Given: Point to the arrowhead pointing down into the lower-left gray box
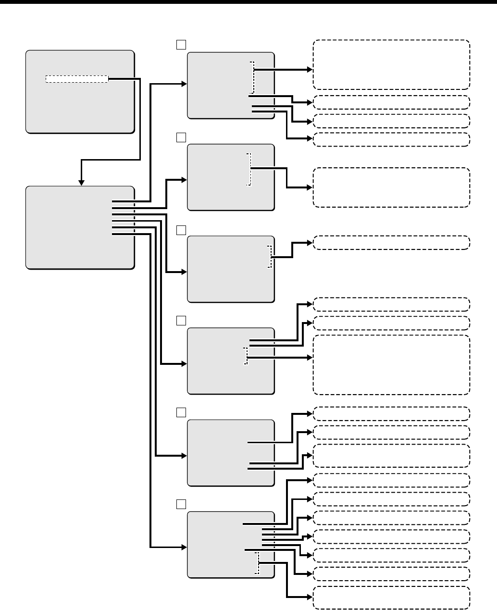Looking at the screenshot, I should [82, 182].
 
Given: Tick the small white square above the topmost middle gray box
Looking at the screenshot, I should [181, 44].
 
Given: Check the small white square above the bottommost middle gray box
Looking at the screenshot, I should [181, 504].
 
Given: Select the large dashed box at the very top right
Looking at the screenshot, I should [391, 65].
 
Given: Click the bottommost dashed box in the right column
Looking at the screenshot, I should [391, 598].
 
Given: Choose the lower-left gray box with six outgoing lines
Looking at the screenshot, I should [80, 227].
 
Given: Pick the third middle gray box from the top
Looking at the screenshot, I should [230, 269].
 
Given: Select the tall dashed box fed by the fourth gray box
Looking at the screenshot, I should [391, 365].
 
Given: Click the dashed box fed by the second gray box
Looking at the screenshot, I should [391, 187].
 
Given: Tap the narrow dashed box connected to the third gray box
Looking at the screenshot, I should [391, 243].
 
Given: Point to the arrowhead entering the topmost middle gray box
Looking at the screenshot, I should [184, 84].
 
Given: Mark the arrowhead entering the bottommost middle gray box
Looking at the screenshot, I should [184, 548].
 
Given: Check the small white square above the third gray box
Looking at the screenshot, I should [181, 230].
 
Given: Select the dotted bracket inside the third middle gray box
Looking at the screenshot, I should [270, 257].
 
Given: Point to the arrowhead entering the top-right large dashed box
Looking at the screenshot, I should [310, 69].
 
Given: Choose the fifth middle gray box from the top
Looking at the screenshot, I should [230, 453].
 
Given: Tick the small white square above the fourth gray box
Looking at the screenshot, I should [181, 321].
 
